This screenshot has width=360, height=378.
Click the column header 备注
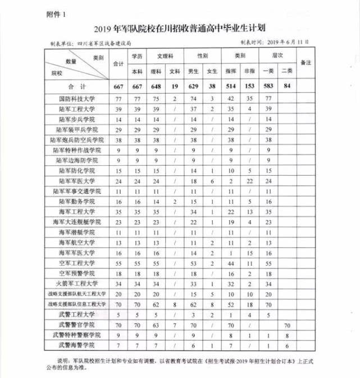click(x=306, y=62)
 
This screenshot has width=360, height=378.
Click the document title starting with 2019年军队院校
click(x=180, y=28)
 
